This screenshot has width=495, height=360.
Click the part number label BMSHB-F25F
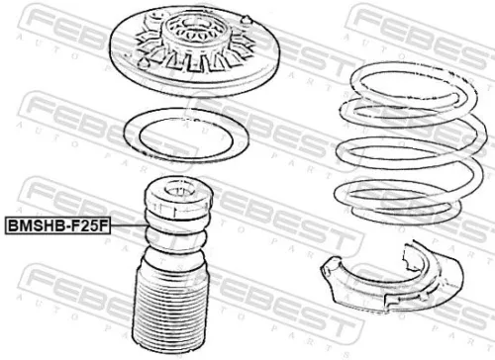(x=58, y=226)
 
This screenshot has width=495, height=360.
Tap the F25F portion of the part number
(x=89, y=226)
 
